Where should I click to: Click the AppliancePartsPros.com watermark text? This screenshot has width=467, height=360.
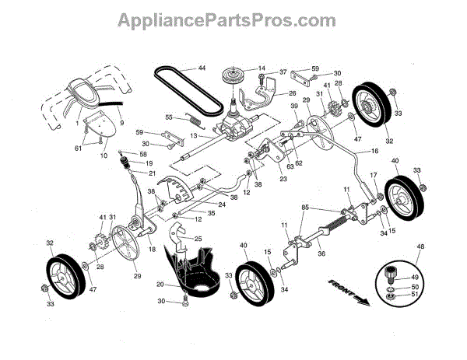tap(233, 19)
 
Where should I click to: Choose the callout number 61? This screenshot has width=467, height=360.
tap(79, 149)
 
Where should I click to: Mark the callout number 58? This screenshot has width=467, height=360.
tap(143, 155)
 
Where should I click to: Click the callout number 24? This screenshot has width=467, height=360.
tap(200, 204)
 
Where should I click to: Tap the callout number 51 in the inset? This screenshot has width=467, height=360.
tap(415, 295)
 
